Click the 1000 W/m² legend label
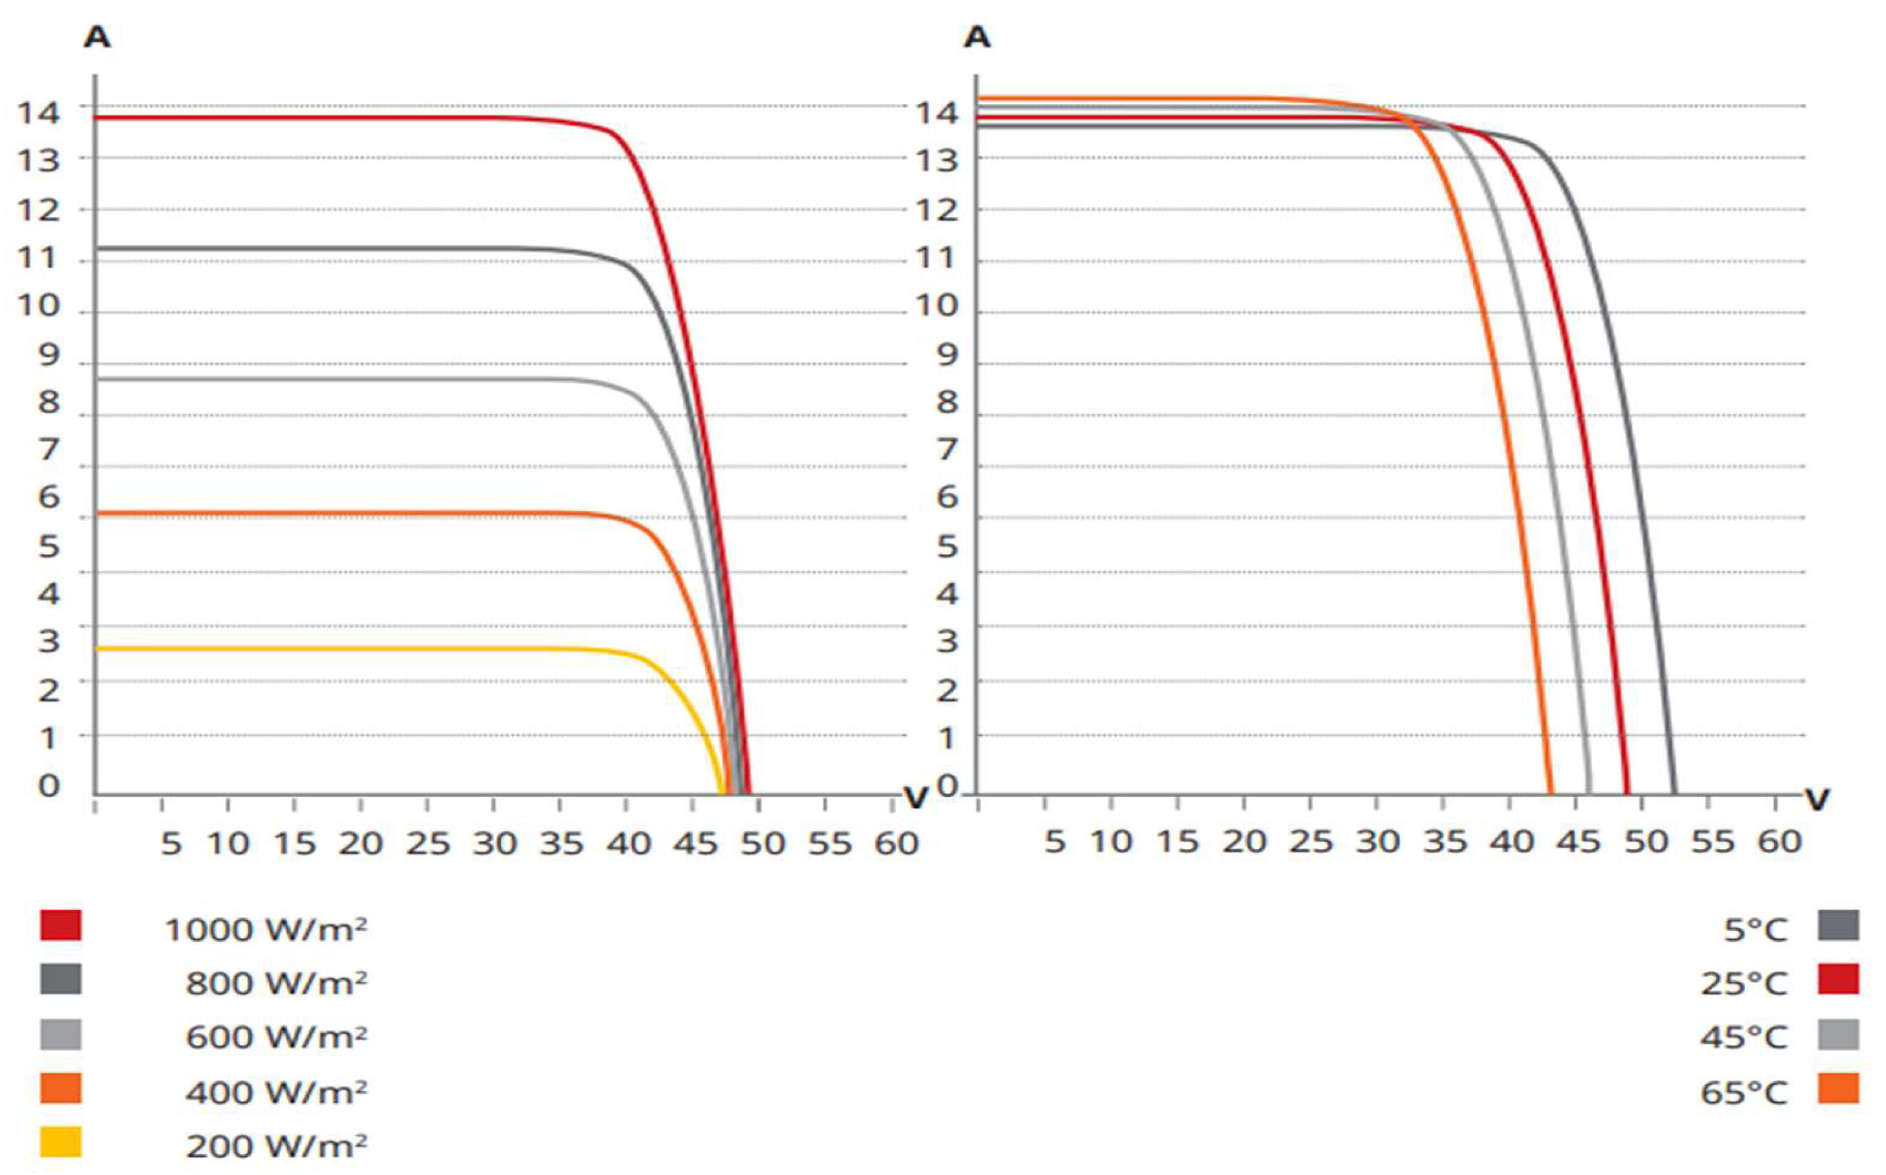[266, 929]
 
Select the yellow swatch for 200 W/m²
[61, 1143]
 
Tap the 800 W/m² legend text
[276, 983]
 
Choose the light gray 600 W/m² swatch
[61, 1035]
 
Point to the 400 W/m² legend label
[276, 1092]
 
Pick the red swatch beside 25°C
[1839, 979]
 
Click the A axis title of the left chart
[97, 37]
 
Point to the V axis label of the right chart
[1817, 799]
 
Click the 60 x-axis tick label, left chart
[896, 843]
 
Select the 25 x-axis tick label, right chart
[1311, 842]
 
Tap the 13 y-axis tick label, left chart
[38, 161]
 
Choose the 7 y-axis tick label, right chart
[946, 450]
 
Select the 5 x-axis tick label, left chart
[171, 843]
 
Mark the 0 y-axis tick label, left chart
[49, 786]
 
